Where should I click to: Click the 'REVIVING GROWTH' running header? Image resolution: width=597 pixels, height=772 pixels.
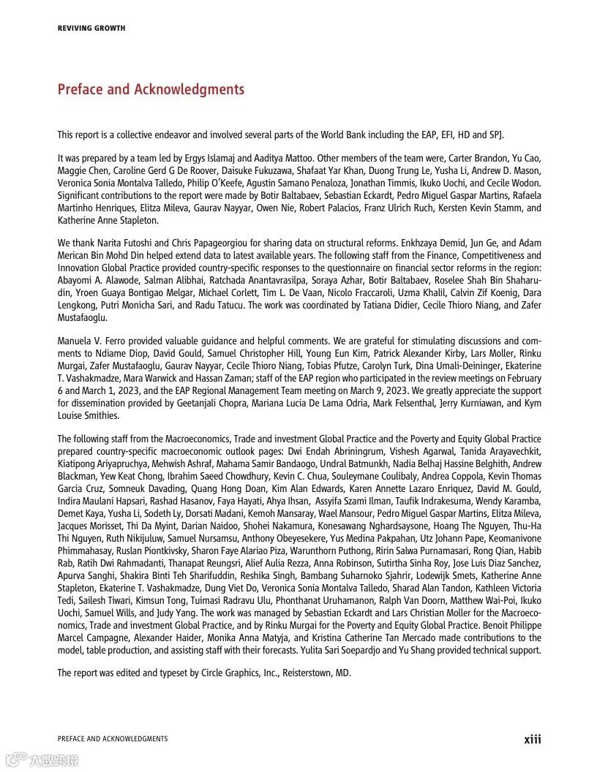pyautogui.click(x=91, y=29)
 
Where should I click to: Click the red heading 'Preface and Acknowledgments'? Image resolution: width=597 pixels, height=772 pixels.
pyautogui.click(x=151, y=89)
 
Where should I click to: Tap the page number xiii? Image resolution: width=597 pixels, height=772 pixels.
pyautogui.click(x=533, y=739)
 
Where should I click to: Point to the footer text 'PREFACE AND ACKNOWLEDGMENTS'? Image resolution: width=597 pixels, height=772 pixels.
pyautogui.click(x=113, y=739)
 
